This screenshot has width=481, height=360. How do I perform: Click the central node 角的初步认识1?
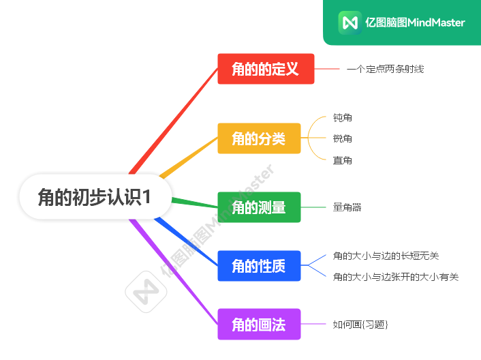[x=95, y=196]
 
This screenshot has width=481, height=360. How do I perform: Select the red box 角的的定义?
[x=266, y=69]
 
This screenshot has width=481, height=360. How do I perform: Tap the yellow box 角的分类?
[x=259, y=138]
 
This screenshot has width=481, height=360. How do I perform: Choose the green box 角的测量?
[x=259, y=207]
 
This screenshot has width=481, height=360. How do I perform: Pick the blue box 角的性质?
[x=259, y=266]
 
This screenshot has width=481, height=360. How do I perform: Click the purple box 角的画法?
[x=259, y=324]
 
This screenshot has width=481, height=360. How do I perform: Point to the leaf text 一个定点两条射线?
[x=385, y=69]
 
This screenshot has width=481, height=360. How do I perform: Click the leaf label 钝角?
[x=343, y=118]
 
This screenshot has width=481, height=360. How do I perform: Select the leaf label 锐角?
[x=343, y=139]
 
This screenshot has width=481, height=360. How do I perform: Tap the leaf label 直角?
[x=343, y=160]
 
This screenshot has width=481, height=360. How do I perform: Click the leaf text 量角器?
[x=347, y=207]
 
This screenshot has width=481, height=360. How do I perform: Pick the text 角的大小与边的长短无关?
[x=386, y=256]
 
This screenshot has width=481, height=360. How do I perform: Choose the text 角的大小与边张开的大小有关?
[x=396, y=277]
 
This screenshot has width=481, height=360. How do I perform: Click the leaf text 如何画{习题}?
[x=360, y=325]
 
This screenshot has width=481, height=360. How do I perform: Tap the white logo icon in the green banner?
[x=350, y=22]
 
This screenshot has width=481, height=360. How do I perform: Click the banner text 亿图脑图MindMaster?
[x=415, y=22]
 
